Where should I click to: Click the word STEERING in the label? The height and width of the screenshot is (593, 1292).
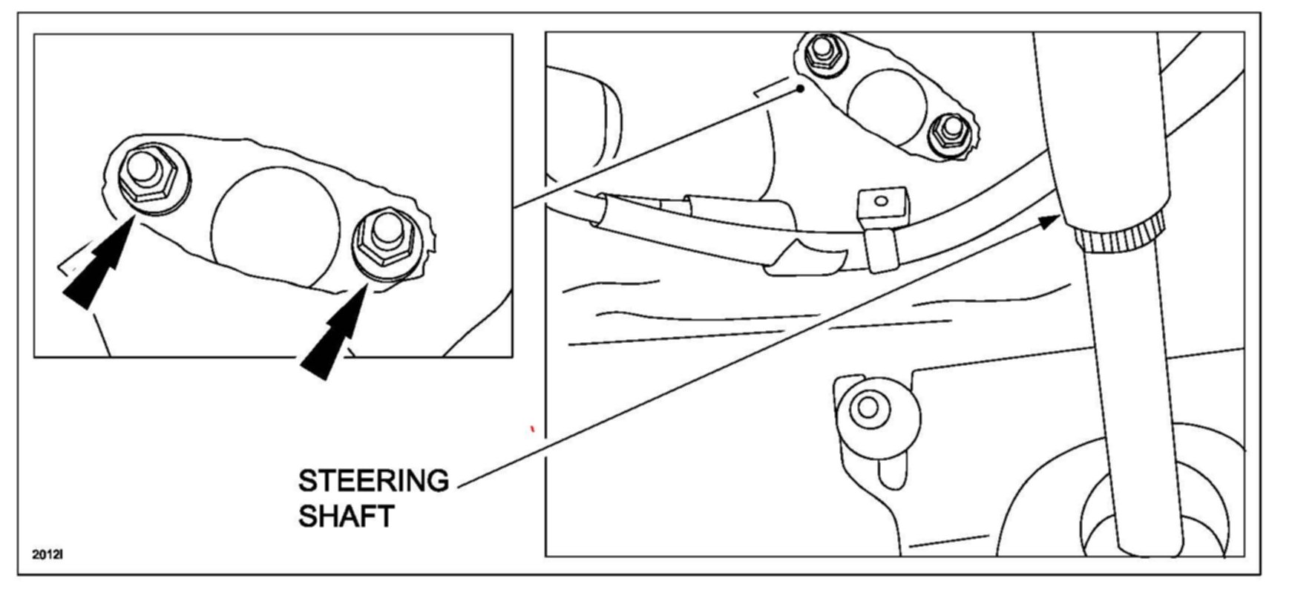click(x=373, y=481)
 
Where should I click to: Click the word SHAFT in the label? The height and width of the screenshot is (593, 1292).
click(x=346, y=516)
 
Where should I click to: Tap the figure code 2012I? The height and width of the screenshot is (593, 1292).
click(x=47, y=554)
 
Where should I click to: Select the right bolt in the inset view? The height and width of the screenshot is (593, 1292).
click(x=387, y=239)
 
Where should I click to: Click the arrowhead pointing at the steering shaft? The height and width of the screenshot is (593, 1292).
click(x=1049, y=220)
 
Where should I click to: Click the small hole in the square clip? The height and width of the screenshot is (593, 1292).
click(x=881, y=200)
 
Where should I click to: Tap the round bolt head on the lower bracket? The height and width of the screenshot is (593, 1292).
click(x=866, y=408)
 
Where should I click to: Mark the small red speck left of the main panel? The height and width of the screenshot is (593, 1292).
click(x=531, y=428)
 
